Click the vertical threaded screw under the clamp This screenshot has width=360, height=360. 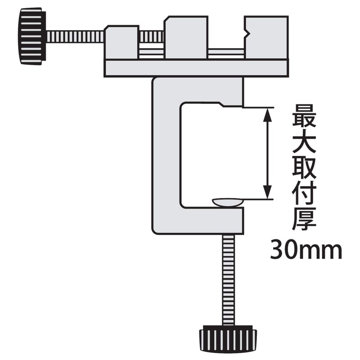[228, 279]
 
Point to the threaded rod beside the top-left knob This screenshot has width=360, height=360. [74, 36]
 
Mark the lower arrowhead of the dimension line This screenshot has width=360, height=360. [268, 191]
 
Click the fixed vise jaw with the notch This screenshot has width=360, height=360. [265, 38]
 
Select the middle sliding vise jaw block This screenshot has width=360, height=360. [186, 38]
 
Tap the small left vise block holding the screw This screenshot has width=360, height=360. [121, 43]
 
